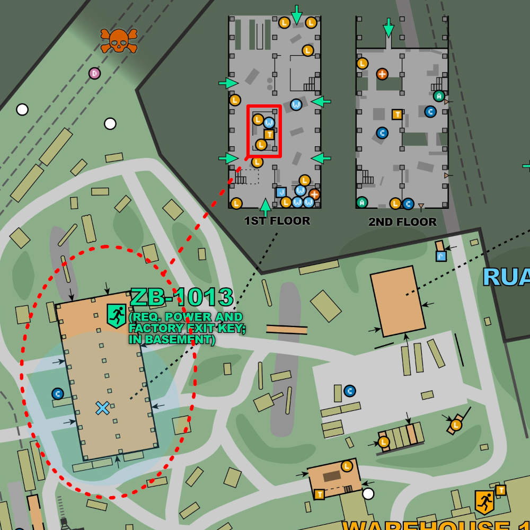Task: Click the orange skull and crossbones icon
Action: click(119, 40)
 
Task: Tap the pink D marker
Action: click(94, 73)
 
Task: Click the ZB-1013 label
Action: click(182, 297)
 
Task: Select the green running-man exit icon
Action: click(116, 315)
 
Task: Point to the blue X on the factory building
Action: click(102, 408)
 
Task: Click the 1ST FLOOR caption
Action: click(277, 221)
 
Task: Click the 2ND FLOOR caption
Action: click(402, 222)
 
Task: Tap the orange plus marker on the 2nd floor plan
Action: click(382, 74)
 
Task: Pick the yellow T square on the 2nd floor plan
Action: click(396, 114)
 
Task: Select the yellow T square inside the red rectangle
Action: click(269, 134)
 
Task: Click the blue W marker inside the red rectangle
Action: click(269, 122)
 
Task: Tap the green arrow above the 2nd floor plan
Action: click(388, 28)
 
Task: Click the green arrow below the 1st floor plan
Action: click(266, 207)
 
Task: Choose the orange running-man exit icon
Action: click(484, 501)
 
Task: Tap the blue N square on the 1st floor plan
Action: click(281, 192)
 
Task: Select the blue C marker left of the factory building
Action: click(58, 394)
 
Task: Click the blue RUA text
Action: click(506, 277)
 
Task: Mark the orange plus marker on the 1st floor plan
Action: click(314, 194)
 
